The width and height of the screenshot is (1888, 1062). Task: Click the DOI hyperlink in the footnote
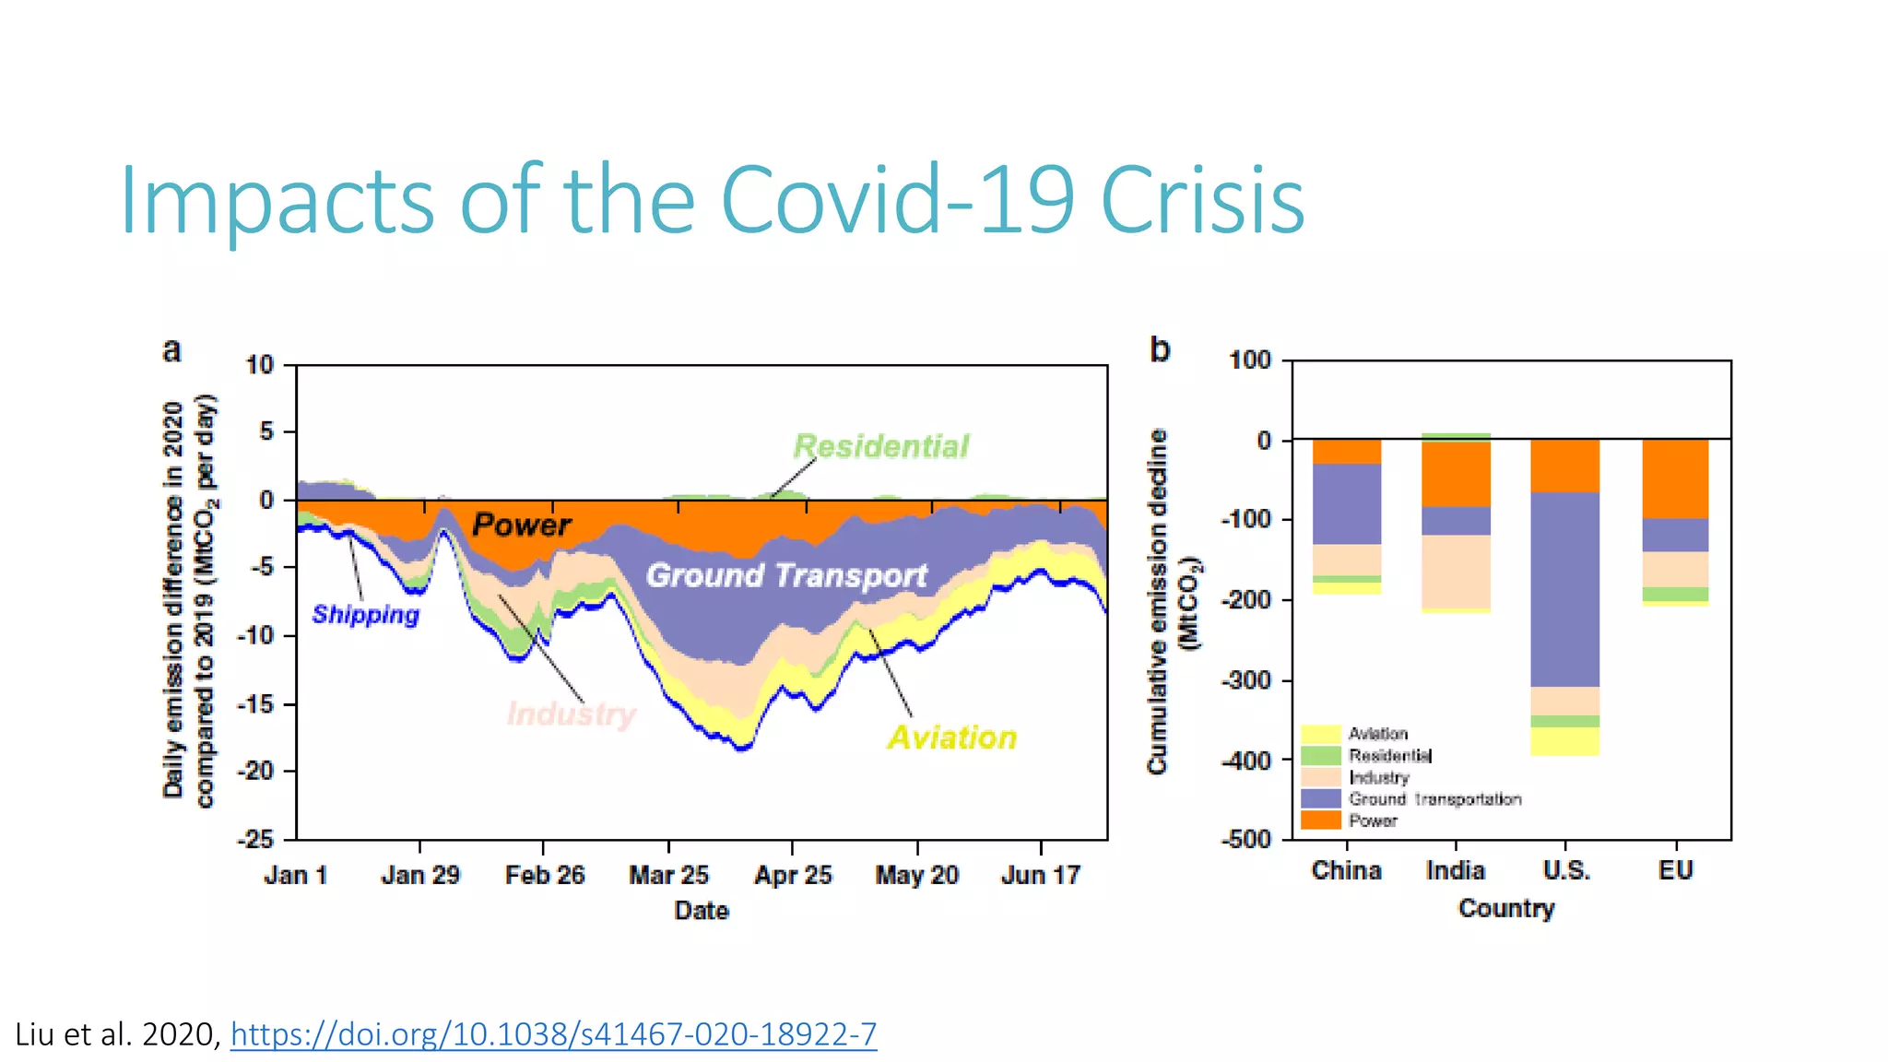553,1034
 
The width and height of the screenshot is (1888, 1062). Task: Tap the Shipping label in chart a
365,615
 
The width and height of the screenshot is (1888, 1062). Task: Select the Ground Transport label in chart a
785,575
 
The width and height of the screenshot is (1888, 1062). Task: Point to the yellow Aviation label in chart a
951,737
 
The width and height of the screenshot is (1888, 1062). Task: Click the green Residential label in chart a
880,446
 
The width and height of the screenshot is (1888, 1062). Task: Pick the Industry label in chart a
572,714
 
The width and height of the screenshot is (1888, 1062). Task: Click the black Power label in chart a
522,525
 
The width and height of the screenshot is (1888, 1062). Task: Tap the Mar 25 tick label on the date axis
668,875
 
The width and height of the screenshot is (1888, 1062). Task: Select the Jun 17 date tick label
1041,875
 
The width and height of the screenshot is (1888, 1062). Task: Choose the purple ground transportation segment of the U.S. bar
1564,590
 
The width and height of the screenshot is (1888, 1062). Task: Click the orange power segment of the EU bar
1675,478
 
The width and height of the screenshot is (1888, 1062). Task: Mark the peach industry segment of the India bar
1456,572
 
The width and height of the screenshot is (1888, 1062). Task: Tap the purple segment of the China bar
1347,504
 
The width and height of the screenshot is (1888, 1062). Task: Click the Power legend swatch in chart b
1320,820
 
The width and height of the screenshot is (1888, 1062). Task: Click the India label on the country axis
1456,870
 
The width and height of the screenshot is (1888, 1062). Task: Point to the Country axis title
1506,908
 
